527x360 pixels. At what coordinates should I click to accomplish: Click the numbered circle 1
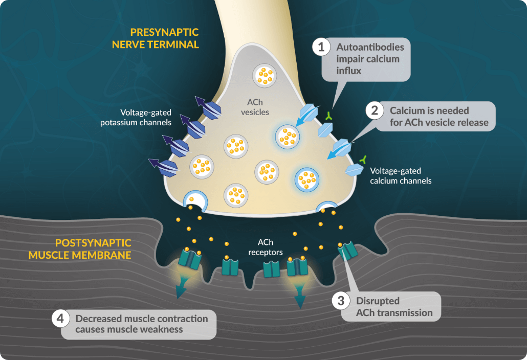point(321,48)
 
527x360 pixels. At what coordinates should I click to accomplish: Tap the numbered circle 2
point(375,110)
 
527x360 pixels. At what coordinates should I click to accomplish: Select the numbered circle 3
point(341,300)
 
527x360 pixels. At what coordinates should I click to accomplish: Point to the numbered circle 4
point(60,319)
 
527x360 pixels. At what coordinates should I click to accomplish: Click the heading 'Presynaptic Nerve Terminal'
point(155,38)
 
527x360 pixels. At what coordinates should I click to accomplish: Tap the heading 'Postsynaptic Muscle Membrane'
point(80,249)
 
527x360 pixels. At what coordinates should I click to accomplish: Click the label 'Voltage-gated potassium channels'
point(146,117)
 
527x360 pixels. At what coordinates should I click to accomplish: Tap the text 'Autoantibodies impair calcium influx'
point(370,59)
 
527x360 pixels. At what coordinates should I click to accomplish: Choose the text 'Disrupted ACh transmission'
point(394,307)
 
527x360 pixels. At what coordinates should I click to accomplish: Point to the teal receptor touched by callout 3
point(348,251)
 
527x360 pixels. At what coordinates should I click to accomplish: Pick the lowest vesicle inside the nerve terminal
point(236,194)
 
